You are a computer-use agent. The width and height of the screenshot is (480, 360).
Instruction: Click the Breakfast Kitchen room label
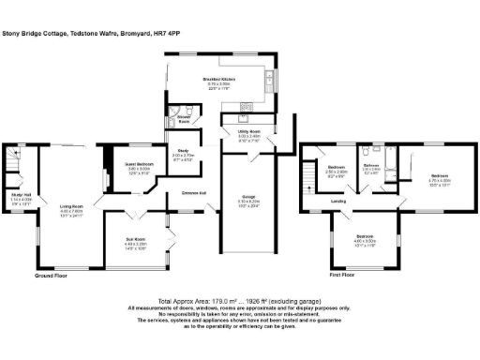pyautogui.click(x=221, y=81)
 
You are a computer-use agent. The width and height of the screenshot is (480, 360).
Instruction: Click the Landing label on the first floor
pyautogui.click(x=339, y=202)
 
